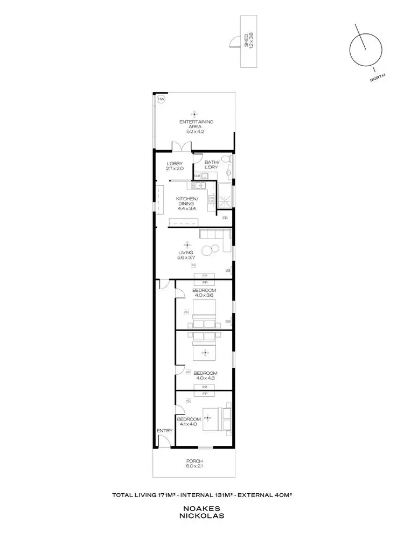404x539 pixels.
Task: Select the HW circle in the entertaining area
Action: click(x=161, y=100)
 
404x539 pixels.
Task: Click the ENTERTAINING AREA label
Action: click(x=194, y=124)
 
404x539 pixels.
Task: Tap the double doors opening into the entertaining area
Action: click(x=180, y=146)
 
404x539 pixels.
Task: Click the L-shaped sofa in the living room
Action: click(x=215, y=235)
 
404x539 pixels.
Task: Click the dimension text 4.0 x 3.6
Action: click(x=204, y=295)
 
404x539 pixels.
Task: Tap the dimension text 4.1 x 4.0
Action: click(x=189, y=424)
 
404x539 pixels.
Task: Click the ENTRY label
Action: click(x=164, y=431)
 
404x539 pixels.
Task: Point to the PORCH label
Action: click(x=194, y=461)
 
